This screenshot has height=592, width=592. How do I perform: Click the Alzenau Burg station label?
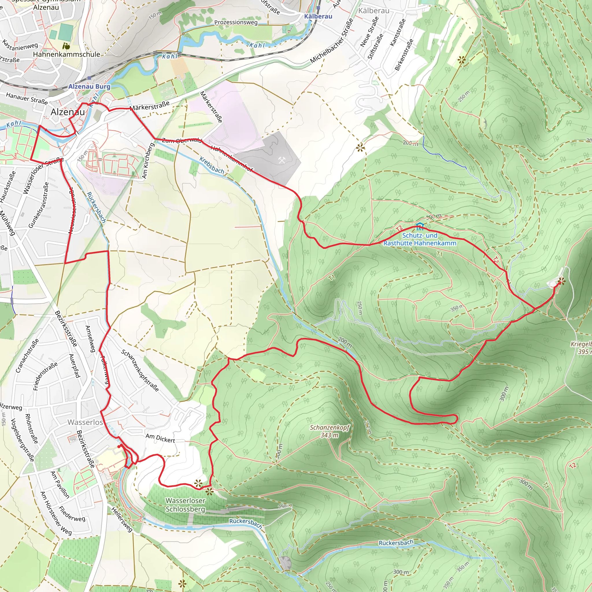89,86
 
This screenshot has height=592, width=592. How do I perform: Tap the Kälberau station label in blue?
318,16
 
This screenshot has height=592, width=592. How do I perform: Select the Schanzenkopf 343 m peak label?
330,431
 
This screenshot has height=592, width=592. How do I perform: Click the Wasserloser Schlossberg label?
185,505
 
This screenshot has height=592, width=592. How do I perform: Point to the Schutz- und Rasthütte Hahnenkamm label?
420,239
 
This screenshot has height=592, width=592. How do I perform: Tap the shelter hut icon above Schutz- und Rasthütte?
419,227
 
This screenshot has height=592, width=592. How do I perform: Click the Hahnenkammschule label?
66,54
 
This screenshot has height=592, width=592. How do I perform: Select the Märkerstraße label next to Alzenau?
149,106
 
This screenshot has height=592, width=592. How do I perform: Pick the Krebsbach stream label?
212,165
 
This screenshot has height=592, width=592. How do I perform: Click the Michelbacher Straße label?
332,41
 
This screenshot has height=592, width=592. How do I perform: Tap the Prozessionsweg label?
236,22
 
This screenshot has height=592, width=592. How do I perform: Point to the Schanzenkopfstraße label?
140,370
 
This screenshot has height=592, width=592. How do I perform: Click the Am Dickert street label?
160,438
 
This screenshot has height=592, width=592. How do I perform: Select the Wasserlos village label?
85,422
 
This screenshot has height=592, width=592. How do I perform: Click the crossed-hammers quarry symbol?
282,160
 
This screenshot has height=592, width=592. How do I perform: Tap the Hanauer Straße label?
27,99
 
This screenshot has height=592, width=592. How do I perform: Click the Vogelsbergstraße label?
22,440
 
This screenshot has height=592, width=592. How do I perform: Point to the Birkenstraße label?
404,55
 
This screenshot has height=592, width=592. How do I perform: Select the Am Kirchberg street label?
147,160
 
